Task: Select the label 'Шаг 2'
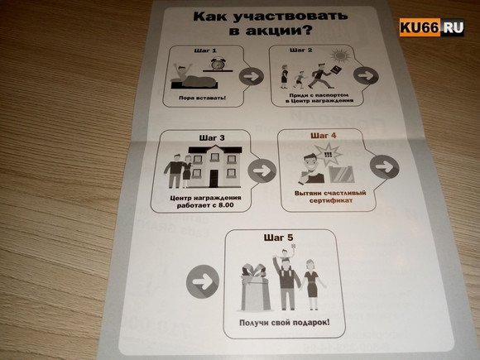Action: (300, 51)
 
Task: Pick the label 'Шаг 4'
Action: (323, 136)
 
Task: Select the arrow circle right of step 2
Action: (366, 75)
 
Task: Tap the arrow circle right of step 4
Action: (382, 166)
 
